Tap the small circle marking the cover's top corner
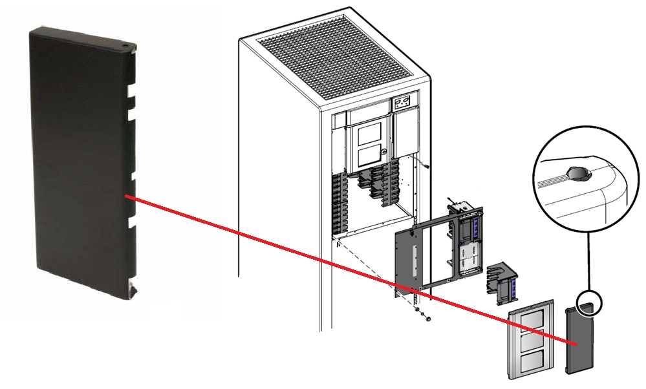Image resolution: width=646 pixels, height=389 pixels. (591, 302)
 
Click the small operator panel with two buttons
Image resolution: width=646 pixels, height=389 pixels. (402, 103)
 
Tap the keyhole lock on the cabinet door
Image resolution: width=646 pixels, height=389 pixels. (384, 152)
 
